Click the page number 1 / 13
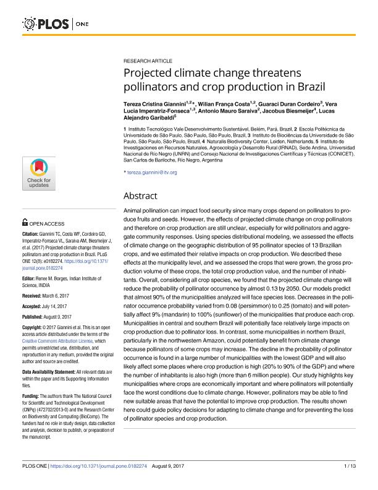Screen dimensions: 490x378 pyautogui.click(x=348, y=480)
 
